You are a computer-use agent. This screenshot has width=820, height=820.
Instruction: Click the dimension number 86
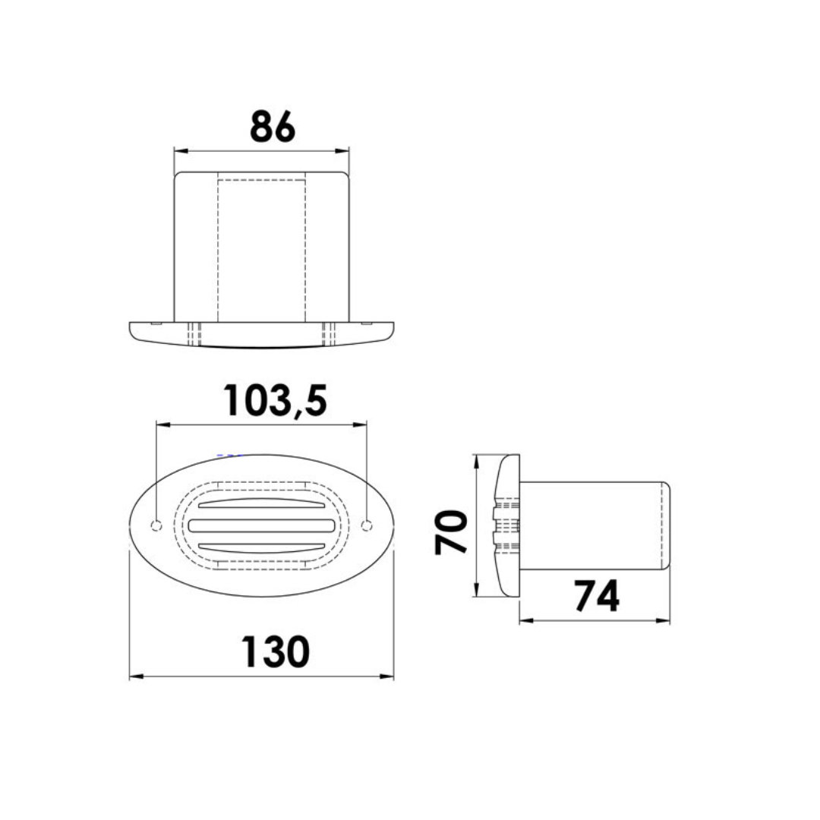click(272, 127)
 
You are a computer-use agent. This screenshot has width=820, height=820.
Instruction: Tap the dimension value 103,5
click(275, 400)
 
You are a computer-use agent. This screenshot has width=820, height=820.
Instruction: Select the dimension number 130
click(276, 651)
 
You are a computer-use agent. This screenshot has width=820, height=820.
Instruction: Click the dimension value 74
click(596, 596)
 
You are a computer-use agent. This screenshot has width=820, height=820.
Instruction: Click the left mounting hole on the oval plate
click(156, 525)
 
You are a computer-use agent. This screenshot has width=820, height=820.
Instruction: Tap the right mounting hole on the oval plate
click(367, 525)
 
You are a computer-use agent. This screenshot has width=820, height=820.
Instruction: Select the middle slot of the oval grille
click(262, 525)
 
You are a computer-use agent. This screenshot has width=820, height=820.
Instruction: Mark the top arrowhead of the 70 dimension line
click(475, 459)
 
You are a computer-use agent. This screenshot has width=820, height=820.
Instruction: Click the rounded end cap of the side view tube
click(666, 525)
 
